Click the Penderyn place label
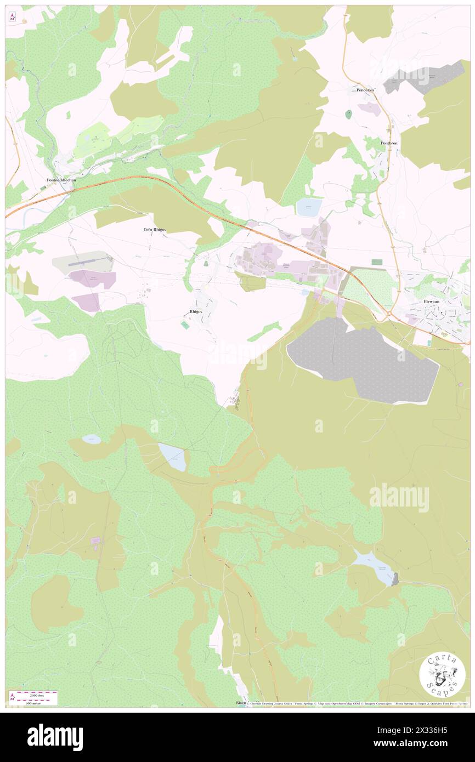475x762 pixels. point(365,89)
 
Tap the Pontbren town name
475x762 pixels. point(388,143)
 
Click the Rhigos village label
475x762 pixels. point(195,311)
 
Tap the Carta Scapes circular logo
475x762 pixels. point(442,675)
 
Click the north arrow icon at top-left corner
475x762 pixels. point(12,17)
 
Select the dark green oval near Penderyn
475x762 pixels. point(349,115)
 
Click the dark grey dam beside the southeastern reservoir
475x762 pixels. point(395,578)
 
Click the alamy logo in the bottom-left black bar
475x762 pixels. point(55,737)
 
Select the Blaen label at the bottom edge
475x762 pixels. point(240,702)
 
